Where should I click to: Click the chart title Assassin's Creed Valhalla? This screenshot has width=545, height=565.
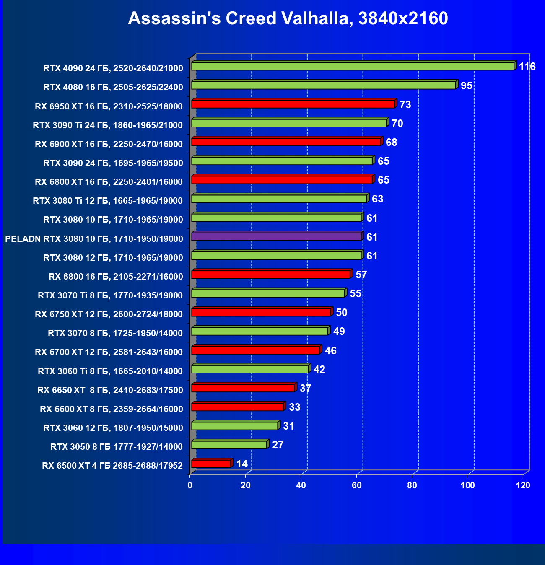(x=288, y=18)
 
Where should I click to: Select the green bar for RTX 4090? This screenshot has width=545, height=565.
(x=352, y=66)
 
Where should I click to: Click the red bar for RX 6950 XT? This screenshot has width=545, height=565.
(x=293, y=104)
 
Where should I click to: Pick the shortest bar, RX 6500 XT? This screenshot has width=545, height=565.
(x=211, y=464)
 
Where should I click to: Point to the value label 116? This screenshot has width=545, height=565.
(x=527, y=67)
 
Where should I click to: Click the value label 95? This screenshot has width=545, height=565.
(x=466, y=86)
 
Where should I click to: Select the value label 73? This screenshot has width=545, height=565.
(x=405, y=105)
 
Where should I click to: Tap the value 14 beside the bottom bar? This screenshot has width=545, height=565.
(x=242, y=464)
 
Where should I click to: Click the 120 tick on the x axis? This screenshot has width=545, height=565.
(x=523, y=485)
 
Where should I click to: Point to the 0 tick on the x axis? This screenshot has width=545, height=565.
(x=190, y=485)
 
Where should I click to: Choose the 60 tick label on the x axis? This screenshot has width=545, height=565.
(x=357, y=485)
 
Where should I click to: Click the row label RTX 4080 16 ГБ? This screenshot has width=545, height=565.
(x=113, y=87)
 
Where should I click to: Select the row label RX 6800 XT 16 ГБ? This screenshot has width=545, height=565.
(x=109, y=182)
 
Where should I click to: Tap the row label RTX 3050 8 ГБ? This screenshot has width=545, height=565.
(x=117, y=447)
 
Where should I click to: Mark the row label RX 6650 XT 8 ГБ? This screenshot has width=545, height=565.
(x=110, y=390)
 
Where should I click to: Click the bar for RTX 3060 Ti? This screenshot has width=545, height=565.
(x=250, y=369)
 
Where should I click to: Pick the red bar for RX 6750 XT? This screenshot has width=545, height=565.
(x=261, y=312)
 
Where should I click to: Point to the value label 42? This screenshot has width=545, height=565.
(x=319, y=370)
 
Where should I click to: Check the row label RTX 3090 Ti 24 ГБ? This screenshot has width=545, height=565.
(x=108, y=125)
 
